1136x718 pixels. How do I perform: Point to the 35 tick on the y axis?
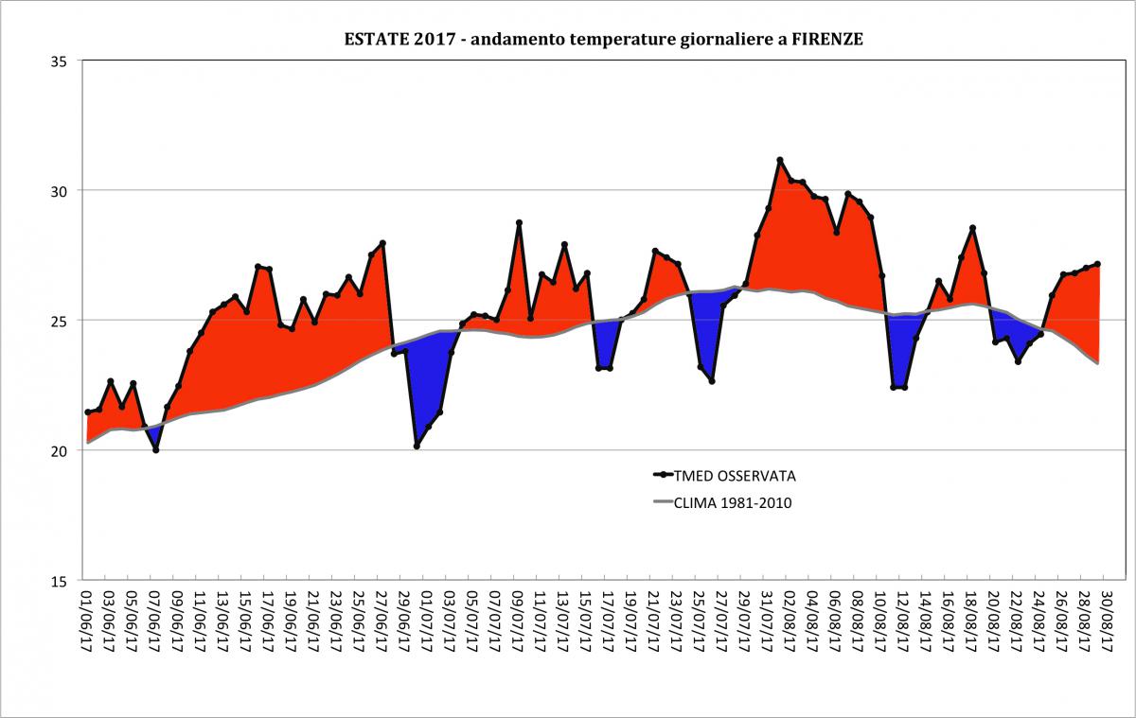[61, 61]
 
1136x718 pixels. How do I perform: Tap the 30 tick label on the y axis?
[61, 191]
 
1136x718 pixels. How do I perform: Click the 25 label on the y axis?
[61, 321]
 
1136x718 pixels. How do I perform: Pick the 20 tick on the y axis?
[61, 451]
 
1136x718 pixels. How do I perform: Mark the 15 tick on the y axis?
[61, 581]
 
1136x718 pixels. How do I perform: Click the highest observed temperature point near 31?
[780, 160]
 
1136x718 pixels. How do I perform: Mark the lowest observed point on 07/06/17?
[155, 450]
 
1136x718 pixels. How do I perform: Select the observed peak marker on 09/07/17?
[519, 222]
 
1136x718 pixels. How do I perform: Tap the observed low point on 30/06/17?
[417, 446]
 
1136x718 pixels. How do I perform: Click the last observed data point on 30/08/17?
[1098, 264]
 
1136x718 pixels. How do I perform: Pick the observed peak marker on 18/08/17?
[973, 228]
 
